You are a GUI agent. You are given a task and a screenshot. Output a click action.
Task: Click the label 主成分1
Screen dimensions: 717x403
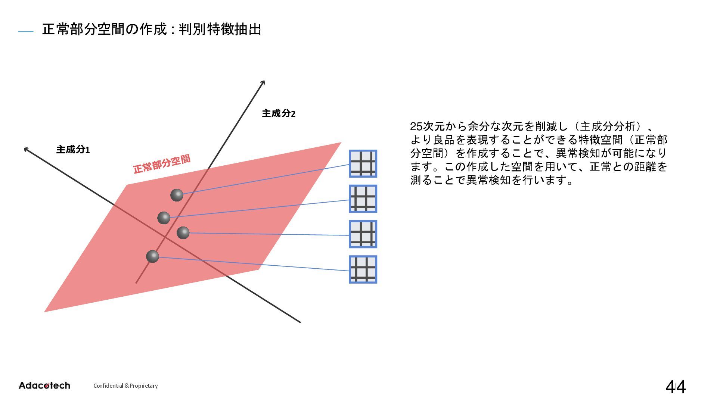coord(73,150)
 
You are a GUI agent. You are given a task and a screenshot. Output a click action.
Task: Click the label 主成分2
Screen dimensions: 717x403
coord(278,113)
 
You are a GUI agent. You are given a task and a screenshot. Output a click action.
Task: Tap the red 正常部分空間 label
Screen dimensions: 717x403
coord(162,164)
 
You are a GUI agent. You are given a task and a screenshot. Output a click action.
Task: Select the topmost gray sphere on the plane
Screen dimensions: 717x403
coord(177,195)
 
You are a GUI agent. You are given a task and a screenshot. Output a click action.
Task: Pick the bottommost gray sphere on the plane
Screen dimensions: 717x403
coord(152,256)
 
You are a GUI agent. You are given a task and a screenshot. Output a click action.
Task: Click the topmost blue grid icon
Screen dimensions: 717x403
coord(363,163)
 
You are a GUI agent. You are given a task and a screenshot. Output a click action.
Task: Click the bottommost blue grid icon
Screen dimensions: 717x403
coord(363,269)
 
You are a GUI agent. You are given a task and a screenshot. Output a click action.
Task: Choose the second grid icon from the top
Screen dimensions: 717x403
coord(363,199)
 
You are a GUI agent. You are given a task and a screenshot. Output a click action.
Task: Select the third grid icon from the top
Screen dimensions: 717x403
coord(363,234)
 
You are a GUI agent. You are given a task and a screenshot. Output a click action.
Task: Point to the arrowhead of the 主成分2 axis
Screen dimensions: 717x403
coord(263,82)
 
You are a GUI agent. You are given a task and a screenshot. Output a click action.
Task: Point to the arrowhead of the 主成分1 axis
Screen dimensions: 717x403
coord(26,150)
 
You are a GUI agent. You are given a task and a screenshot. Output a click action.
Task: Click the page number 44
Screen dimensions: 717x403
coord(676,387)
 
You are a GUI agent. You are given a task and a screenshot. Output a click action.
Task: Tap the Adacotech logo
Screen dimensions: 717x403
coord(44,385)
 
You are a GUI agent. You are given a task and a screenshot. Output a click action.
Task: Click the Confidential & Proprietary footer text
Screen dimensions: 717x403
coord(125,386)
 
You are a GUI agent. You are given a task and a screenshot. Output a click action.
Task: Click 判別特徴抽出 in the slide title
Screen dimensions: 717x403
coord(220,29)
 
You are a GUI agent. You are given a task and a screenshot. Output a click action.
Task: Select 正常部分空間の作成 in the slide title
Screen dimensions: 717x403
coord(105,29)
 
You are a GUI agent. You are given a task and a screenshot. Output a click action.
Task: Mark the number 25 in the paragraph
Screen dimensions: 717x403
coord(416,126)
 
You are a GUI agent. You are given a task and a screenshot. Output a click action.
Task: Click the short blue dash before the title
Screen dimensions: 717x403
coord(26,32)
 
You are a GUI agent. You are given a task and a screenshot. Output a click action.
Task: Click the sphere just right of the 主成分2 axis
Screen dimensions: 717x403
coord(183,233)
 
